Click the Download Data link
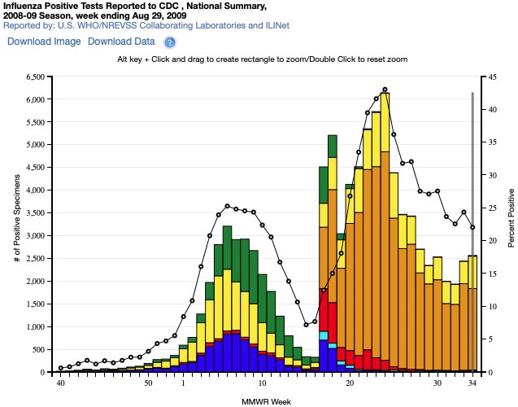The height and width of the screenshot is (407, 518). point(121,42)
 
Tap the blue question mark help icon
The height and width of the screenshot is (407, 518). point(170,42)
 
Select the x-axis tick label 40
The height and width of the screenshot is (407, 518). point(60,383)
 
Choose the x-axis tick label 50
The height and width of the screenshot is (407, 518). point(148,383)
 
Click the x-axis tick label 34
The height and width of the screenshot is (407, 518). point(472,383)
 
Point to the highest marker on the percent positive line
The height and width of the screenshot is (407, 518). point(385,90)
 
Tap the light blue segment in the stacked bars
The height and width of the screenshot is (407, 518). point(324,335)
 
